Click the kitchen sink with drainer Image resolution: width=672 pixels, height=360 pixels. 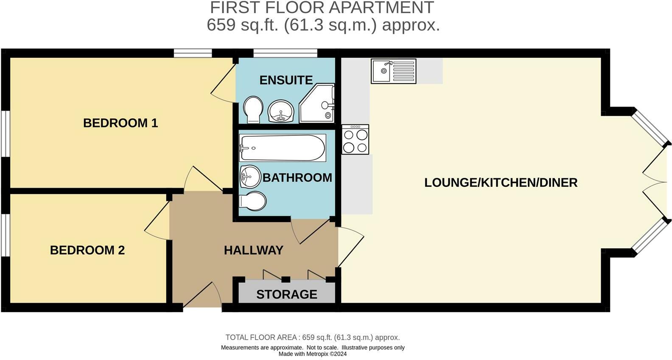point(393,71)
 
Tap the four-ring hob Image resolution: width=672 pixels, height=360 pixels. point(356,140)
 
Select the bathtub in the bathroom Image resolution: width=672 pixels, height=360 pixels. point(282,148)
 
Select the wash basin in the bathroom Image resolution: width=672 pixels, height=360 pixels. point(250,176)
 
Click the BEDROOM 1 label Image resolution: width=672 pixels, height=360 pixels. point(120,123)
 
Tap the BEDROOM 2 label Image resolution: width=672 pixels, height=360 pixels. point(87,250)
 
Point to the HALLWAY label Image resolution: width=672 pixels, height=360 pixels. point(253,250)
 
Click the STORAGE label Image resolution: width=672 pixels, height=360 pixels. point(287,294)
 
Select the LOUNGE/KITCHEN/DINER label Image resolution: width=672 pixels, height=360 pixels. point(501,183)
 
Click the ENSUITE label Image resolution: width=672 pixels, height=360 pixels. point(286,80)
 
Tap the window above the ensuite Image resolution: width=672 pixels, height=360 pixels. point(285,53)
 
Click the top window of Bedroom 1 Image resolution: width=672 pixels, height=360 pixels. point(193,53)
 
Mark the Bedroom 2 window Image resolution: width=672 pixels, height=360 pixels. point(5,235)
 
